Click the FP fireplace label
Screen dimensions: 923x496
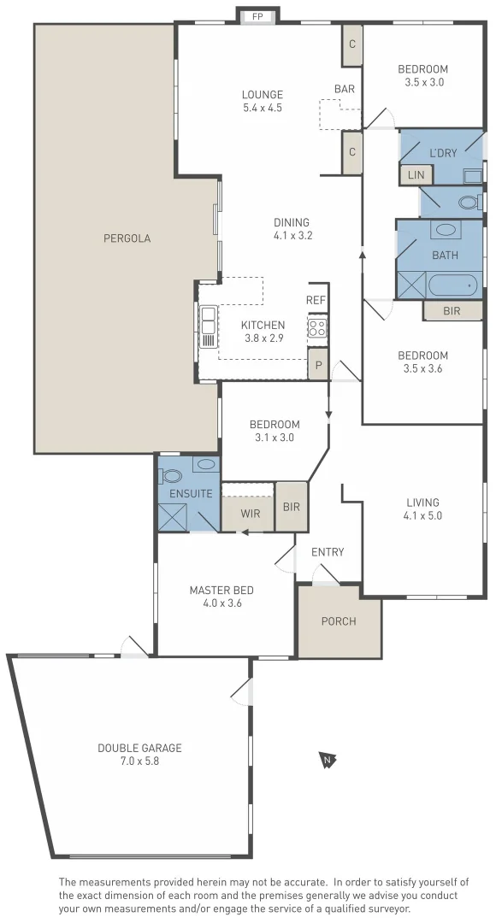(257, 16)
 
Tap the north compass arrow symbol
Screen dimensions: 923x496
(325, 759)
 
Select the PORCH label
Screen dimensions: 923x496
(339, 621)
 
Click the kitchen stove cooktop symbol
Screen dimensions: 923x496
(317, 327)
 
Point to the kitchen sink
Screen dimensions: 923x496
(208, 326)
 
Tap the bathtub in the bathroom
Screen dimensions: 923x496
(453, 285)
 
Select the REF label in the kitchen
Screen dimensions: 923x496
(316, 300)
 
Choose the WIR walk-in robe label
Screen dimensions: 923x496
(251, 514)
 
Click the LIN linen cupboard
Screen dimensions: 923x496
(416, 174)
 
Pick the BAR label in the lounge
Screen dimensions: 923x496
(345, 88)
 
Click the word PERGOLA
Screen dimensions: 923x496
(127, 238)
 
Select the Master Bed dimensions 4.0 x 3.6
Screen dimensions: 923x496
(221, 603)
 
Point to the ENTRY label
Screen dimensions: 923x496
(328, 552)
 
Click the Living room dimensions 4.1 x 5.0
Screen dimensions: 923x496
(422, 515)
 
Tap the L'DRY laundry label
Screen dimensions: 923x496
(443, 153)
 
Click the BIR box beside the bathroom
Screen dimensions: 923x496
(452, 311)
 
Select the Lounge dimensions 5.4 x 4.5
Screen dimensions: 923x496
(262, 108)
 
